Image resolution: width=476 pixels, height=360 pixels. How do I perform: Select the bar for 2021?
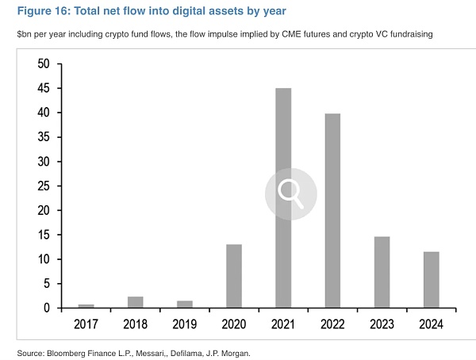(x=283, y=197)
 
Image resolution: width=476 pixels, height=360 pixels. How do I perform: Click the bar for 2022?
(x=332, y=210)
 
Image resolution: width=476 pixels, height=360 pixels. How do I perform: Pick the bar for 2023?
(x=382, y=271)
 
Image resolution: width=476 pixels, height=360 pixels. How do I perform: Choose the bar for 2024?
(x=431, y=279)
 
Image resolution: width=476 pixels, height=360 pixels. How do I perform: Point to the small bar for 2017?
(x=86, y=305)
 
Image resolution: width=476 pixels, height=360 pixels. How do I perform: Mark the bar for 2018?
(x=136, y=302)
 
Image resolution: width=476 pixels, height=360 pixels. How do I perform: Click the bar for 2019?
(x=185, y=304)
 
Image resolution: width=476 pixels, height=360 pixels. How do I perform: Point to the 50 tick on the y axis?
(x=45, y=63)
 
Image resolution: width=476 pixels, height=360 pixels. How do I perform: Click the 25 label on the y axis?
(x=45, y=186)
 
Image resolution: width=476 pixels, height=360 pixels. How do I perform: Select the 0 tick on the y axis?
(x=49, y=308)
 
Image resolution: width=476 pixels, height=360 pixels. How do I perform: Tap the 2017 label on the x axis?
(x=86, y=324)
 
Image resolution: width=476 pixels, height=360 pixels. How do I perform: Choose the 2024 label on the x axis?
(x=431, y=324)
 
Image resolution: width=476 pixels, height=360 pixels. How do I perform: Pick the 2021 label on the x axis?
(x=283, y=324)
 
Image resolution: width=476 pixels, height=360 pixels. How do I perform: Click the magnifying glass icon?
(x=290, y=193)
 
